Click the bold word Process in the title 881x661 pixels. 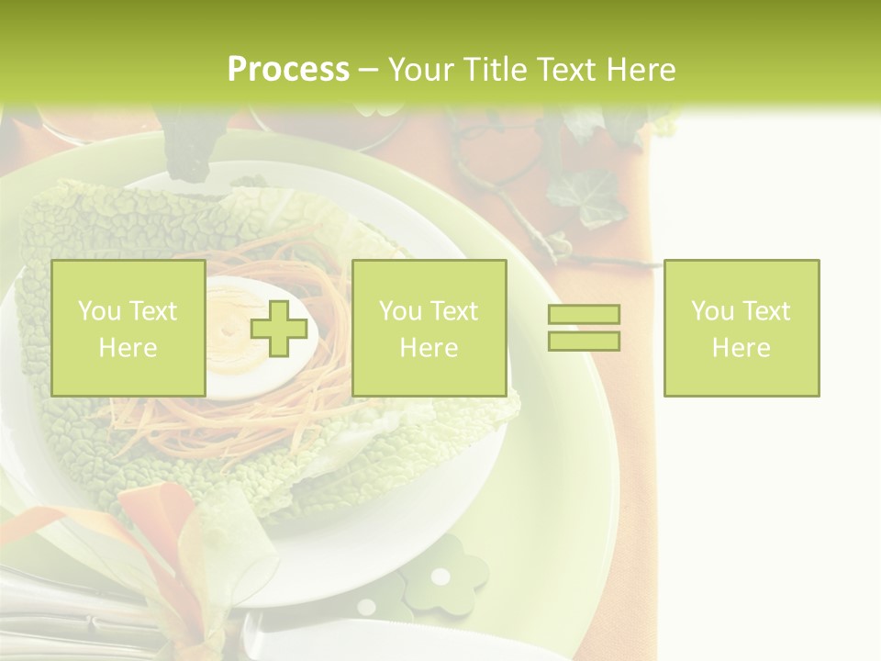[x=288, y=70]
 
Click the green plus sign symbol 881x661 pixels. [x=279, y=328]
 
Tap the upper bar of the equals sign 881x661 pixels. [x=584, y=315]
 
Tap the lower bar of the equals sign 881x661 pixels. [x=584, y=341]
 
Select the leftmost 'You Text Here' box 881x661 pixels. [x=128, y=328]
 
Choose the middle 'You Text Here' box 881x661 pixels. [x=429, y=328]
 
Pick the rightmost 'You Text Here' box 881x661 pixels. [x=742, y=328]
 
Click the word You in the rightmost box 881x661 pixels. [x=713, y=311]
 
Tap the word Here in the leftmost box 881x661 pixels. [x=128, y=348]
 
